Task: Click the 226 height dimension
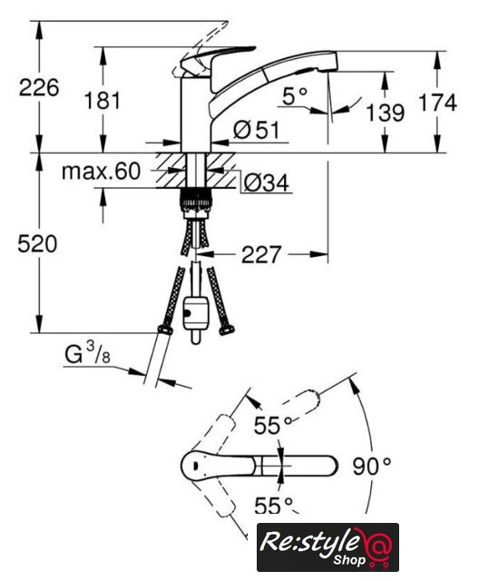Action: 39,88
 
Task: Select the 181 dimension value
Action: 103,101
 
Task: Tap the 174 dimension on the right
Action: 438,103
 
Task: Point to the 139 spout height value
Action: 385,113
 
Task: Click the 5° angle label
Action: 295,96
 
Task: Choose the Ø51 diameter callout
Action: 256,130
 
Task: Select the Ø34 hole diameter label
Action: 266,182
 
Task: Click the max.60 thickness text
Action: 101,172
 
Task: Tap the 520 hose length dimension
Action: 37,244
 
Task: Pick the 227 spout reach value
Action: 261,254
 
